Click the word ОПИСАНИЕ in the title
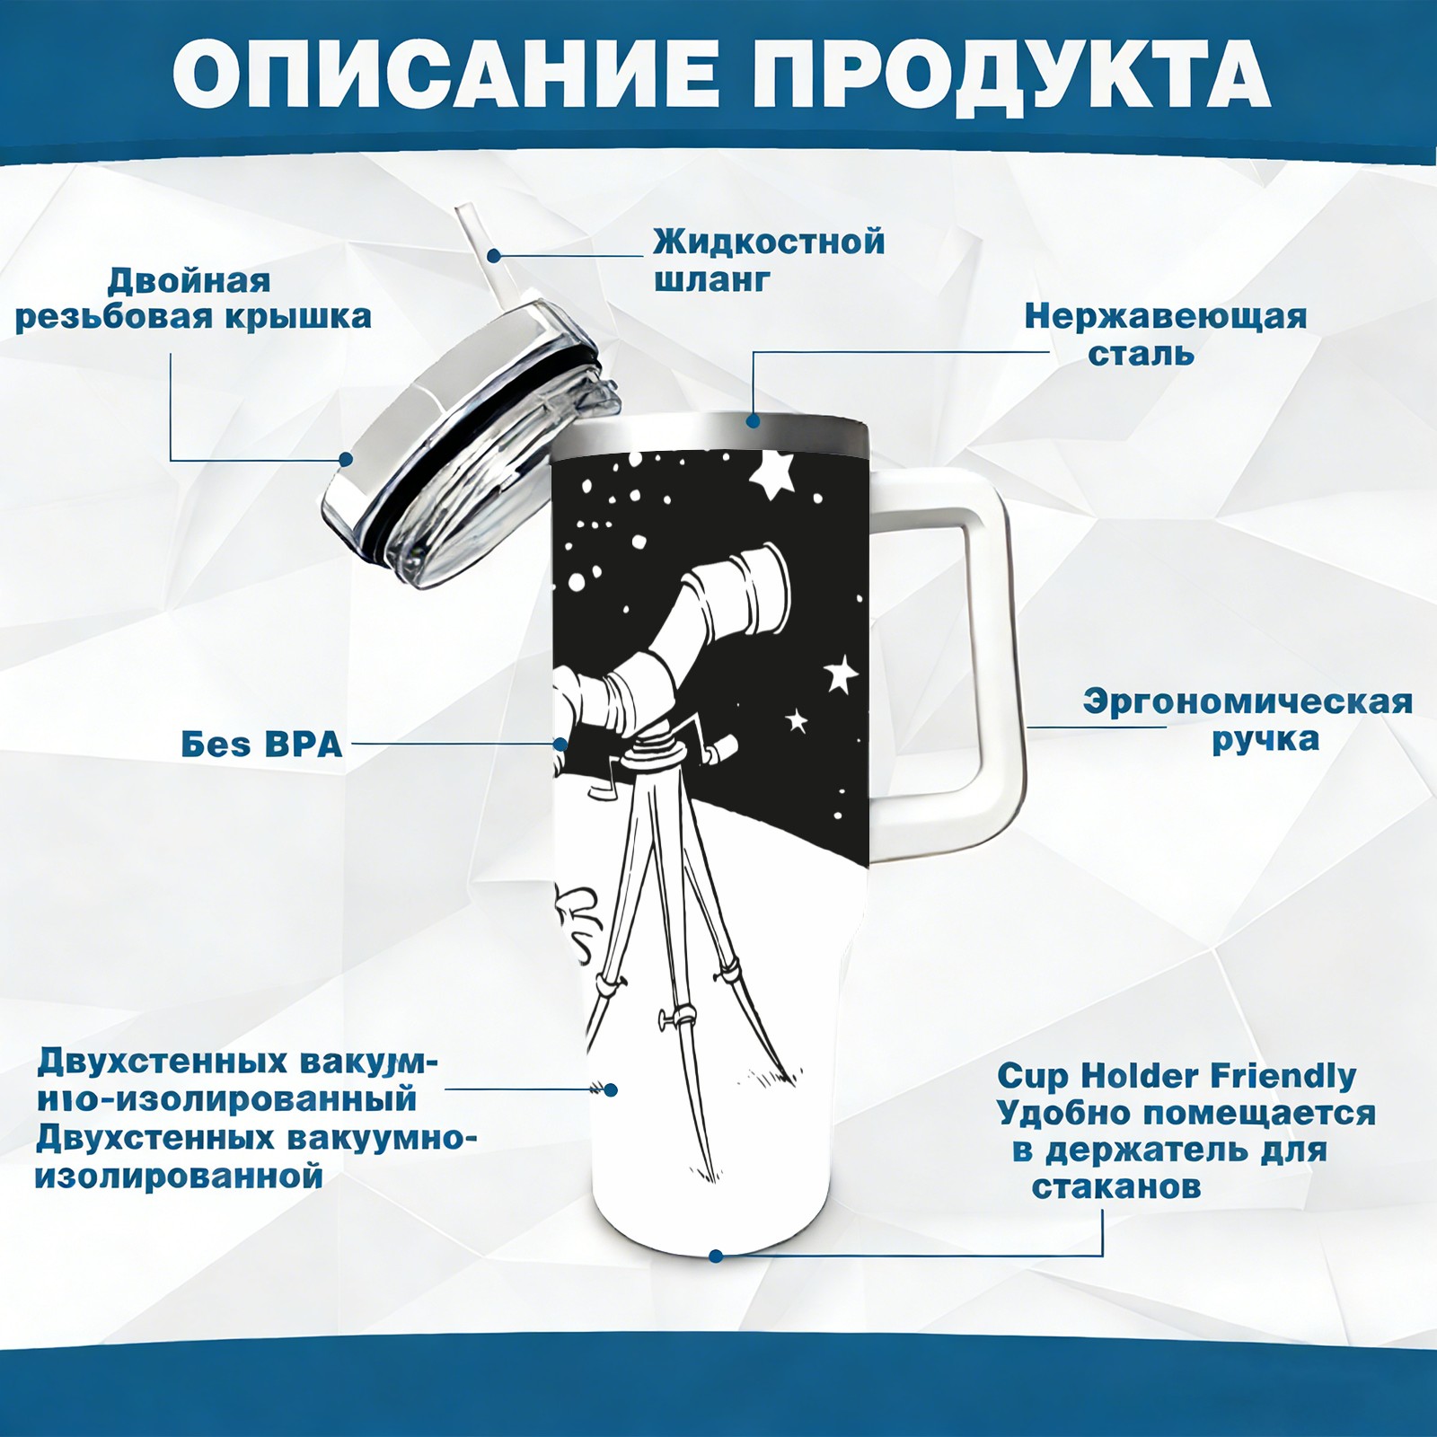(x=445, y=73)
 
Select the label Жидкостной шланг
(x=769, y=260)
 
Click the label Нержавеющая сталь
(x=1166, y=334)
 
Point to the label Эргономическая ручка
(x=1247, y=720)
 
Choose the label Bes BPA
(x=261, y=745)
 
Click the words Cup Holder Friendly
(x=1177, y=1075)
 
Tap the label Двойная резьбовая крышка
(x=193, y=299)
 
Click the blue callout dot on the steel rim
(x=753, y=420)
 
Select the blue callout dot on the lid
(x=345, y=459)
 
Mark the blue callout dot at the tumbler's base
(x=716, y=1256)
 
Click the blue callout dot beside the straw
(x=494, y=255)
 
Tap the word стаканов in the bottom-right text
(x=1115, y=1186)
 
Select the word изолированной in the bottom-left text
(x=179, y=1176)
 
